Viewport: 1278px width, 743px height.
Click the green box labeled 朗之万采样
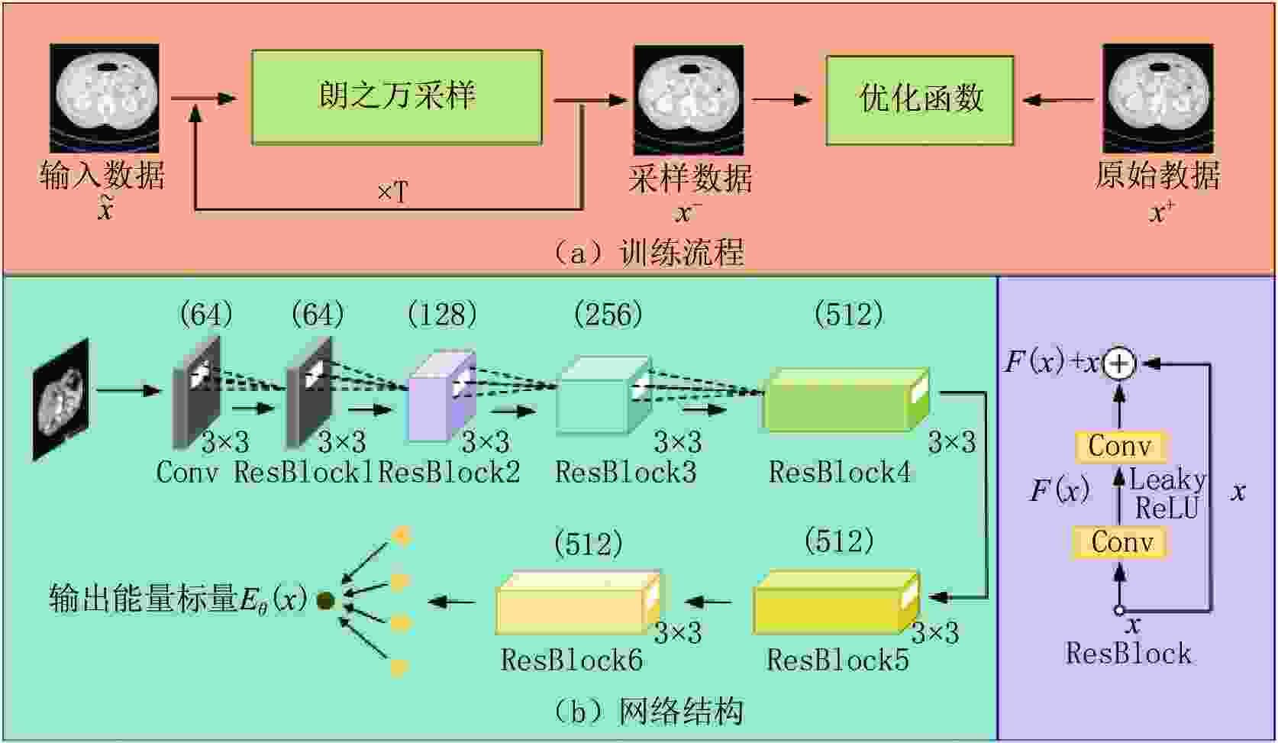pyautogui.click(x=397, y=98)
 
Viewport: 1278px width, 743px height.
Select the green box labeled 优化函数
pyautogui.click(x=920, y=100)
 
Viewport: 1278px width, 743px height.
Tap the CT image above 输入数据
pyautogui.click(x=105, y=98)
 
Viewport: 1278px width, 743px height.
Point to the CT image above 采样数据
pyautogui.click(x=689, y=100)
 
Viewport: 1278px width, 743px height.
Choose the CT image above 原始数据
pyautogui.click(x=1157, y=99)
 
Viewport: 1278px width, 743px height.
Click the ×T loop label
pyautogui.click(x=392, y=192)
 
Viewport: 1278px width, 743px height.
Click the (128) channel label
pyautogui.click(x=443, y=315)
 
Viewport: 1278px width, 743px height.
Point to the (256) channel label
pyautogui.click(x=608, y=315)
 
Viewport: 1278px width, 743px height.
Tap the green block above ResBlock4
pyautogui.click(x=847, y=399)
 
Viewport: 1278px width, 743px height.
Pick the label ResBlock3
pyautogui.click(x=626, y=473)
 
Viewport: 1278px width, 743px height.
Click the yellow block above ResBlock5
pyautogui.click(x=837, y=602)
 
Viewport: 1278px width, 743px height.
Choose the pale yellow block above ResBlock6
pyautogui.click(x=579, y=602)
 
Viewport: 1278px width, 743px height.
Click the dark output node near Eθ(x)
pyautogui.click(x=325, y=600)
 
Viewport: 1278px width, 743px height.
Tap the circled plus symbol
pyautogui.click(x=1118, y=363)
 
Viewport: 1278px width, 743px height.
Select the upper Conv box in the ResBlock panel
pyautogui.click(x=1118, y=446)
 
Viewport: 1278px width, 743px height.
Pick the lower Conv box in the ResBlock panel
pyautogui.click(x=1121, y=542)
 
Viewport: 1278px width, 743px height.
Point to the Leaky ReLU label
pyautogui.click(x=1167, y=493)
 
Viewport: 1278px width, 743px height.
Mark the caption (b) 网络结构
pyautogui.click(x=649, y=711)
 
